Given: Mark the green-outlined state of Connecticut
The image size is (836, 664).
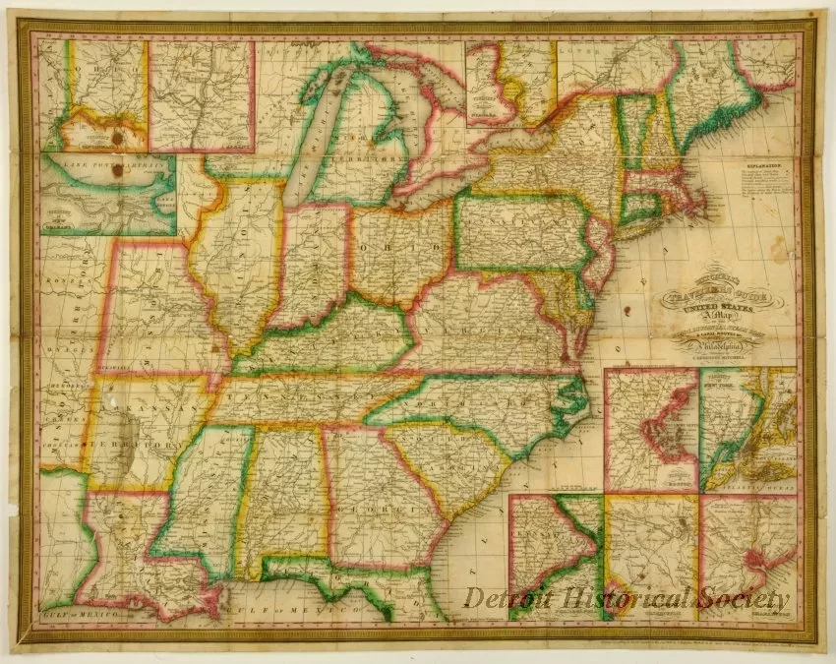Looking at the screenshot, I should tap(641, 208).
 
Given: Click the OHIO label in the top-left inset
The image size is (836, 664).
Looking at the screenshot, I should tap(89, 69).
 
